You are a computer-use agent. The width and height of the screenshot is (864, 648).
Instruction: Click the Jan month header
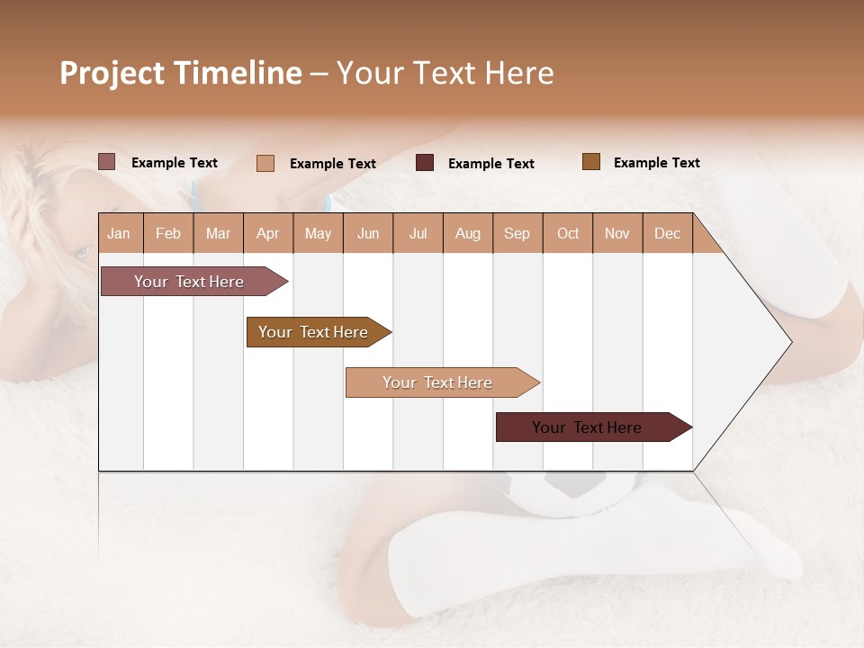(120, 233)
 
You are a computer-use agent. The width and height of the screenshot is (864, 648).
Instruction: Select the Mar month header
(218, 233)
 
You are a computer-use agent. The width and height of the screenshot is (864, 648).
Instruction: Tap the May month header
(318, 233)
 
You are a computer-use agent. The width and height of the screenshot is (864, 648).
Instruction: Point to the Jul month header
(418, 233)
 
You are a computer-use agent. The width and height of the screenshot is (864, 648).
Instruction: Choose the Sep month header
(517, 233)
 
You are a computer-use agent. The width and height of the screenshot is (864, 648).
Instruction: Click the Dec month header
(667, 233)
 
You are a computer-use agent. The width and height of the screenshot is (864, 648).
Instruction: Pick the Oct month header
(568, 233)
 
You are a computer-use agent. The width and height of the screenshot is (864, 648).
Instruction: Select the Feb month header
(168, 233)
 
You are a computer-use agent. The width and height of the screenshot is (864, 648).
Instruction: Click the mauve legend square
(106, 162)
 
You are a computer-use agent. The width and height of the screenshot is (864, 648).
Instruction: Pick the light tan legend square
(265, 163)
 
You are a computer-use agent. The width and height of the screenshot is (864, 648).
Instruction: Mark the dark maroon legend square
(424, 163)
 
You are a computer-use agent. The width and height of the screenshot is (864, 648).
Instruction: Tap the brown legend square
(590, 162)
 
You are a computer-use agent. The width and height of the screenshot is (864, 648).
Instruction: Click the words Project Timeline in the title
(180, 73)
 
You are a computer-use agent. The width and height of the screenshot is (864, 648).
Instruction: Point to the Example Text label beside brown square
(656, 163)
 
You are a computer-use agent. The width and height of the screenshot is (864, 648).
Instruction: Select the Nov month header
(617, 233)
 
